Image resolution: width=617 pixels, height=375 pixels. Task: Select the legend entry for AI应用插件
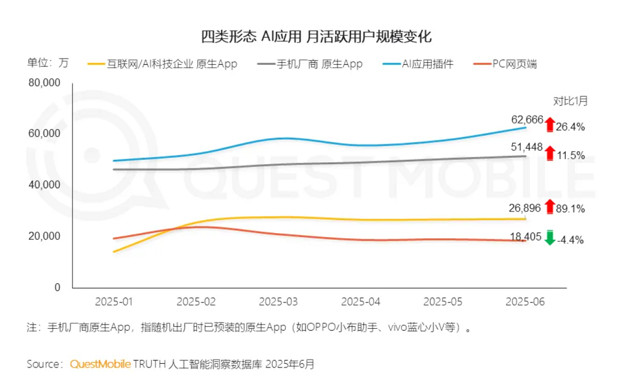point(426,64)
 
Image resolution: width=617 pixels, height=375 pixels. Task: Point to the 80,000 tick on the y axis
point(44,82)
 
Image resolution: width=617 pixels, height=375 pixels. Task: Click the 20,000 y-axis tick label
point(44,236)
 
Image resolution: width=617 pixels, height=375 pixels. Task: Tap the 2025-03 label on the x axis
point(278,302)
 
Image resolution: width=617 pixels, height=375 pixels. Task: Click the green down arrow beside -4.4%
point(550,237)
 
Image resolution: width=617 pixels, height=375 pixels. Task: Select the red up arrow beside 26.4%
point(550,124)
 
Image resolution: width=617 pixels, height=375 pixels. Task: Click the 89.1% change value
point(570,208)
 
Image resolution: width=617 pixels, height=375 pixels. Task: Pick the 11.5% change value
point(570,155)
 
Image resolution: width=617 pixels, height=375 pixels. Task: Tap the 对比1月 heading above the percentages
point(570,101)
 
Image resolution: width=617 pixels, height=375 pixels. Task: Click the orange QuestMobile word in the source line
point(100,363)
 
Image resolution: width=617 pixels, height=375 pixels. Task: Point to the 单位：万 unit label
point(48,64)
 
